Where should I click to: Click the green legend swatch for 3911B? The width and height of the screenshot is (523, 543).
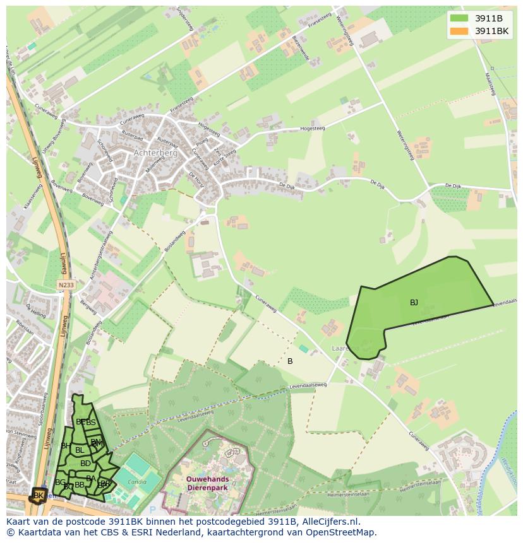(460, 18)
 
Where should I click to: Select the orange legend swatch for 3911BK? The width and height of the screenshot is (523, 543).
(460, 31)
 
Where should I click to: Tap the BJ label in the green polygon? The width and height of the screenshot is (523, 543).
(414, 303)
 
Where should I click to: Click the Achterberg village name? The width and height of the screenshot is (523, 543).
(155, 153)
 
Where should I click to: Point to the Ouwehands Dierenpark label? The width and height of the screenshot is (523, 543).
(207, 483)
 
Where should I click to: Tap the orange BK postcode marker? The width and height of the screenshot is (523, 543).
(39, 496)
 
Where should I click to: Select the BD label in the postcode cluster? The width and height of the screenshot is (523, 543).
(85, 464)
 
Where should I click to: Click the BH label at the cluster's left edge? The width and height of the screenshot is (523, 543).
(65, 446)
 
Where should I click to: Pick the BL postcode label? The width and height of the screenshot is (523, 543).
(80, 450)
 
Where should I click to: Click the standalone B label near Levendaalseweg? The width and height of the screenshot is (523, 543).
(290, 361)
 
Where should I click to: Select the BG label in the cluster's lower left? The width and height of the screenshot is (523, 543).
(60, 482)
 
